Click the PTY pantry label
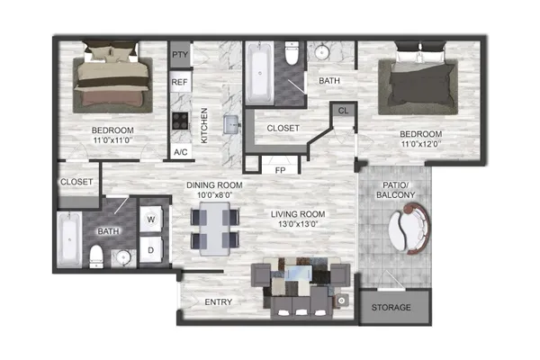[180, 54]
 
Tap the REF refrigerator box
[180, 82]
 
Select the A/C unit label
[181, 152]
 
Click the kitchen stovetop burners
[180, 121]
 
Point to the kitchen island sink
[231, 124]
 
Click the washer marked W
[151, 219]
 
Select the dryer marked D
[151, 250]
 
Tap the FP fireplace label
[280, 170]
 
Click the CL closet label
[344, 111]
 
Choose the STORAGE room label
[391, 307]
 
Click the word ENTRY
[219, 302]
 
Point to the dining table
[214, 229]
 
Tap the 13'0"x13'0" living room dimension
[298, 224]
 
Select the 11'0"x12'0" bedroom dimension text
[421, 144]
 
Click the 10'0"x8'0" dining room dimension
[215, 195]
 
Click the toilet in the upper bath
[292, 53]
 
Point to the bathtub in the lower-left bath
[69, 239]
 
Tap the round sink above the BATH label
[322, 52]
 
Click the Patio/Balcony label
[395, 190]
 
